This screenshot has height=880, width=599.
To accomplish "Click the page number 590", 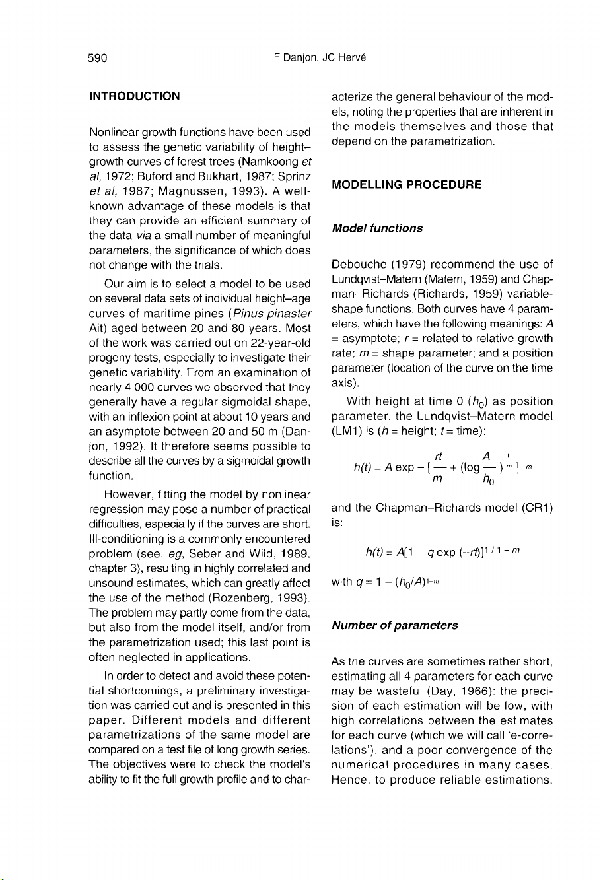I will tap(98, 57).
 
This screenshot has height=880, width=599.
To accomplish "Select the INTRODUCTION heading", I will tap(135, 96).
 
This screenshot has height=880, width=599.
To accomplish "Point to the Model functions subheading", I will tap(377, 228).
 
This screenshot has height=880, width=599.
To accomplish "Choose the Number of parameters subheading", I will tap(394, 625).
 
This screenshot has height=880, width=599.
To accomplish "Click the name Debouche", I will tap(359, 265).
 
